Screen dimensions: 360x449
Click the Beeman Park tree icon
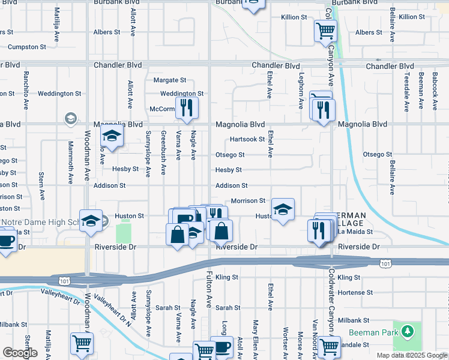coord(408,331)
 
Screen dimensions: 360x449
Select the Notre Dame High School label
coord(40,222)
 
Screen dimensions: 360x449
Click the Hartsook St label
coord(247,139)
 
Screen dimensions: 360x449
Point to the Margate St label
coord(170,80)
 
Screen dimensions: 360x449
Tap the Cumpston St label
coord(26,47)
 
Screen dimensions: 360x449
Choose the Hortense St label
coord(355,292)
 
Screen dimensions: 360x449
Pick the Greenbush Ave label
coord(163,153)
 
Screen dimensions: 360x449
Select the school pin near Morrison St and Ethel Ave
coord(283,209)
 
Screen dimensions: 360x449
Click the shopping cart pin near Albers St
coord(325,31)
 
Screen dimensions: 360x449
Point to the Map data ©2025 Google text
coord(412,355)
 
